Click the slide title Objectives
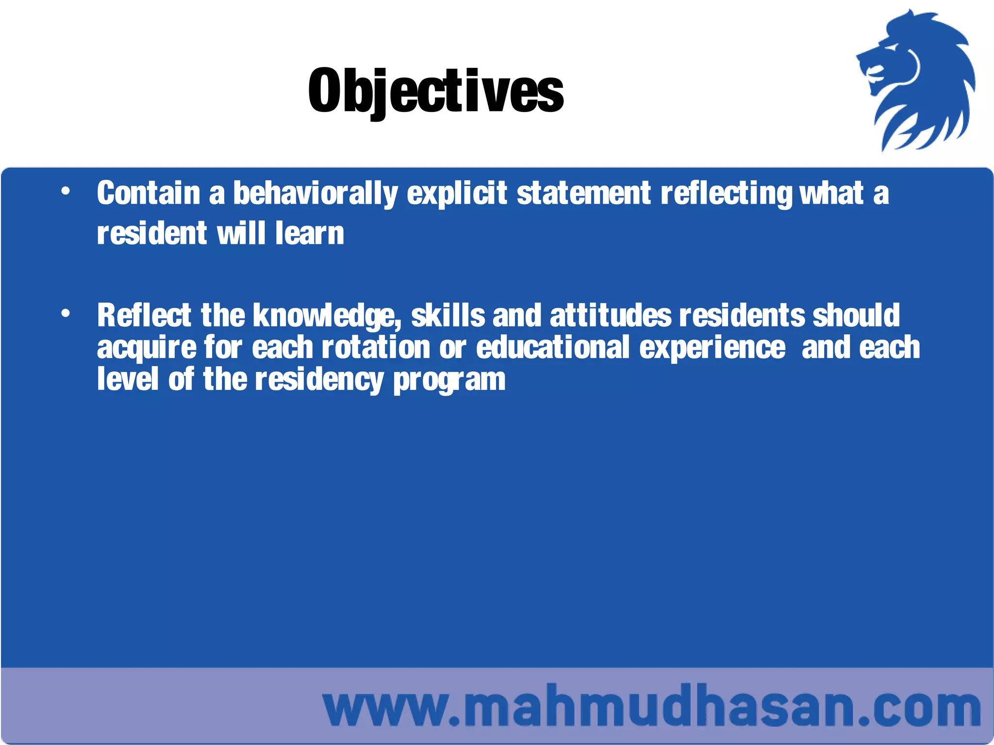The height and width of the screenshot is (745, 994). (x=435, y=91)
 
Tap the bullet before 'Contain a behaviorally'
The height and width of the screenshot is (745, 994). (x=66, y=192)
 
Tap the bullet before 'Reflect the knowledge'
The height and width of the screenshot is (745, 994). (x=66, y=314)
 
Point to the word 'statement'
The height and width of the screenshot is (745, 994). (x=583, y=193)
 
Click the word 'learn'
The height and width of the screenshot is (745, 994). (x=310, y=233)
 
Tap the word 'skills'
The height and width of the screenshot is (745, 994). (x=448, y=315)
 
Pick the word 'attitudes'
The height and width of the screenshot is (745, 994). (x=611, y=315)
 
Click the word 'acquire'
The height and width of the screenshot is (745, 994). (x=147, y=348)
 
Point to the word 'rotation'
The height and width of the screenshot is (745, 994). (x=376, y=347)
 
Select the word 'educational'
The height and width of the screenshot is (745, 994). (x=553, y=347)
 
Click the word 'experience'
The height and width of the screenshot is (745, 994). (x=712, y=348)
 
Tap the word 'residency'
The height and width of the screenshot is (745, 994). (x=319, y=380)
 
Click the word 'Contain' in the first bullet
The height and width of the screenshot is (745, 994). (x=149, y=193)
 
